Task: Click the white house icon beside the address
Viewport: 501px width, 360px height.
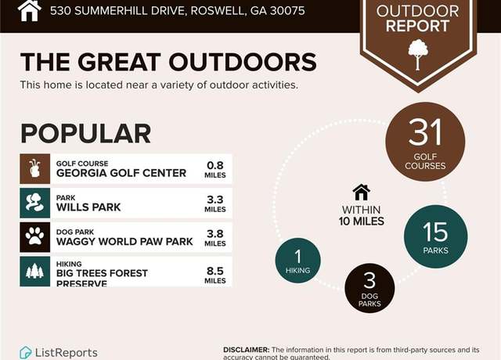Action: (x=30, y=10)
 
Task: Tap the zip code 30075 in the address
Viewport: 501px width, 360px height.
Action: (x=287, y=11)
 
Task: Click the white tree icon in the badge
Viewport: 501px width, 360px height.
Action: (x=417, y=54)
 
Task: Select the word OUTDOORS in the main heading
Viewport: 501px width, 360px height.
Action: (x=243, y=62)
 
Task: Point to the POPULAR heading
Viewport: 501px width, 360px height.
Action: (x=85, y=134)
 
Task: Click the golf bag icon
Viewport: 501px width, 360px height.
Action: (x=34, y=169)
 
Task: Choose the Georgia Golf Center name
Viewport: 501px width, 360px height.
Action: (x=121, y=173)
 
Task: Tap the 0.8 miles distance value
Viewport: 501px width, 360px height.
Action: (x=215, y=169)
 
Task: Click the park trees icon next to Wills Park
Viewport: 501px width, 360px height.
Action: (x=34, y=203)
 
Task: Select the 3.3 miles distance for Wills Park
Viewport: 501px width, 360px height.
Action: (x=215, y=203)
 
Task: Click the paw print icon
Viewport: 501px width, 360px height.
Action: (x=34, y=236)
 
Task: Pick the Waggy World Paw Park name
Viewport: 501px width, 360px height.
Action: (x=124, y=242)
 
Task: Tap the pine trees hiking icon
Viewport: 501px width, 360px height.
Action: (x=34, y=272)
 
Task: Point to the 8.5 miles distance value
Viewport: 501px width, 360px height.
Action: (x=215, y=275)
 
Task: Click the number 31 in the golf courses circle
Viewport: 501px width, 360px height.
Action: (x=425, y=132)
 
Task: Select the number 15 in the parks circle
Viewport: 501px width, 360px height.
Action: (x=435, y=232)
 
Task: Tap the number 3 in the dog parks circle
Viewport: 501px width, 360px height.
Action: (x=369, y=280)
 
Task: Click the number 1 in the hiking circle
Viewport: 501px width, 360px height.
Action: (x=297, y=257)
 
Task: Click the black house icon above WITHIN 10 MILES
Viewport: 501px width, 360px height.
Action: (x=362, y=193)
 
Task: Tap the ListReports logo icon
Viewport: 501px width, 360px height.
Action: (x=25, y=352)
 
